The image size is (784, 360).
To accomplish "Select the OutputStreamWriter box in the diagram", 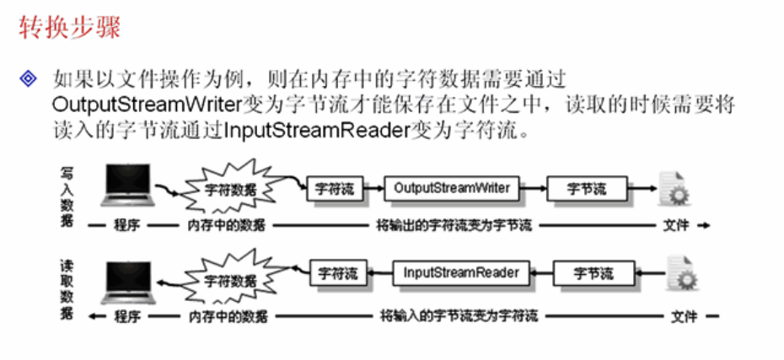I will pyautogui.click(x=452, y=189).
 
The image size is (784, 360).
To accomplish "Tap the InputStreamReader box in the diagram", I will pyautogui.click(x=461, y=273).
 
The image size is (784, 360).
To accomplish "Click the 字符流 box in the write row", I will pyautogui.click(x=335, y=189).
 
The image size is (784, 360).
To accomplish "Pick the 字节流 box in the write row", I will pyautogui.click(x=587, y=189).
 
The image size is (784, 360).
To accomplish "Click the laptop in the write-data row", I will pyautogui.click(x=129, y=187).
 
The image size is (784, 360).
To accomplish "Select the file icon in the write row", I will pyautogui.click(x=674, y=189).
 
